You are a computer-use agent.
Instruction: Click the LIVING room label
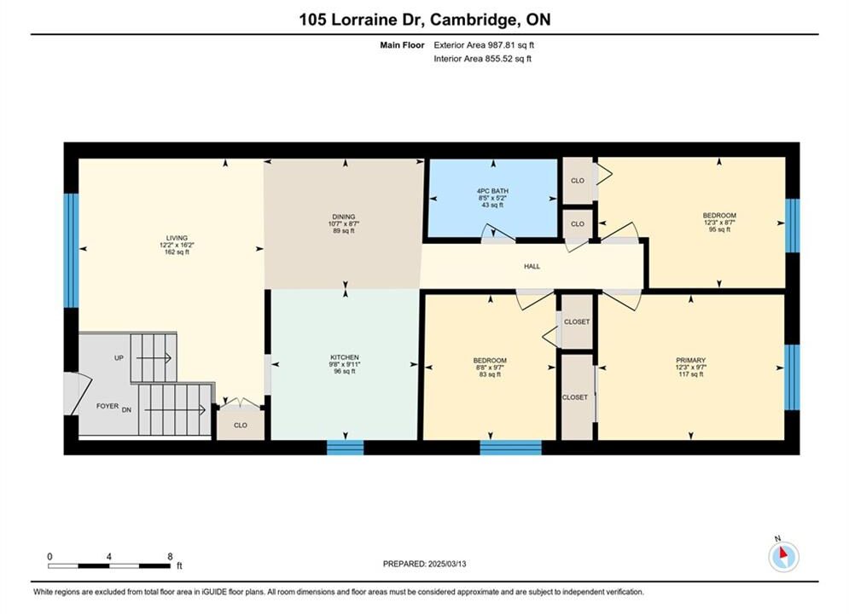177,238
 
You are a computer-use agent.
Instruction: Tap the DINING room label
344,217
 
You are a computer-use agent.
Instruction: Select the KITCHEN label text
345,357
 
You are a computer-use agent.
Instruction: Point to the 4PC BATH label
492,191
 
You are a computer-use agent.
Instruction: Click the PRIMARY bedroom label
691,360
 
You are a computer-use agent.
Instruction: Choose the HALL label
532,266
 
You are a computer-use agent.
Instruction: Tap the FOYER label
108,406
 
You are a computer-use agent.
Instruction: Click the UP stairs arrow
154,358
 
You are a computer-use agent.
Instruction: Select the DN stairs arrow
175,410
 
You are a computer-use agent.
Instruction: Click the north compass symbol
783,555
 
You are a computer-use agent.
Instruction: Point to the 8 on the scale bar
170,556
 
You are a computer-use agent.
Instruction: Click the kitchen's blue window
346,448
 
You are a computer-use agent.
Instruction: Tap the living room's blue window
72,251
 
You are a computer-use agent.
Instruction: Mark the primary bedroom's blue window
792,377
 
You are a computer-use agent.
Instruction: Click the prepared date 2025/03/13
447,564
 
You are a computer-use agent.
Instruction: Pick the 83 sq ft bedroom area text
490,374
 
